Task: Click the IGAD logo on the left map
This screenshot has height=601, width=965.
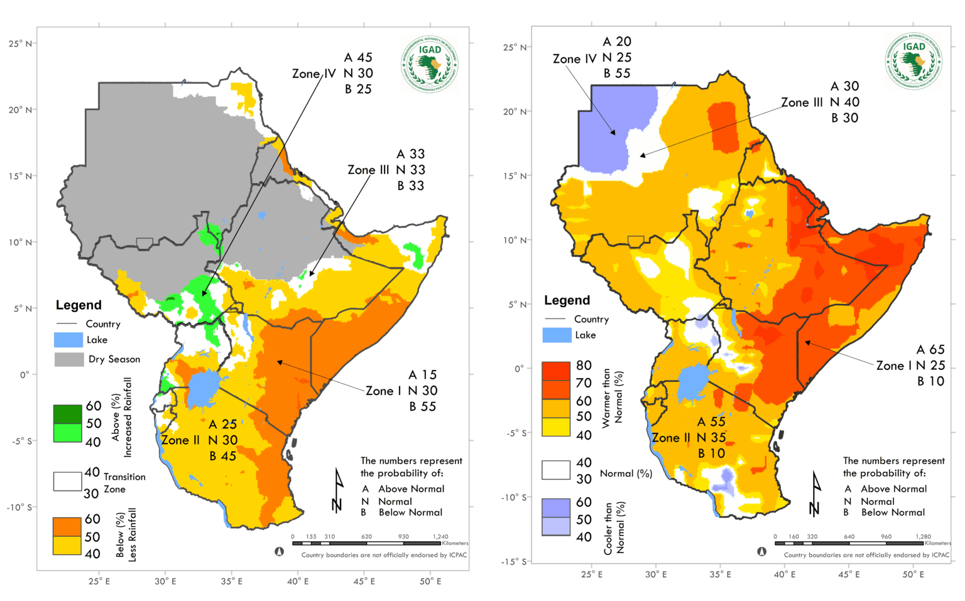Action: coord(430,63)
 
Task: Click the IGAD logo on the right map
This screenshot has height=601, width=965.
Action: coord(913,61)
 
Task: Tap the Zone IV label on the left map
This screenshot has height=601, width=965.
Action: coord(314,73)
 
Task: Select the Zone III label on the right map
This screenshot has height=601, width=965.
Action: coord(802,102)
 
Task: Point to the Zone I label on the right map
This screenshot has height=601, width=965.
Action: coord(894,365)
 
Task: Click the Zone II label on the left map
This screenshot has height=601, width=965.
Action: coord(180,440)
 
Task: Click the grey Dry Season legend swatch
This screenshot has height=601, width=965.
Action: coord(69,359)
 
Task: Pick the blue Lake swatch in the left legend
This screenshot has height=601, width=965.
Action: coord(68,340)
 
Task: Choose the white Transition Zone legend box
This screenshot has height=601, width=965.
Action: coord(67,481)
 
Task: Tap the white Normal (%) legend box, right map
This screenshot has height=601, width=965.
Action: coord(556,470)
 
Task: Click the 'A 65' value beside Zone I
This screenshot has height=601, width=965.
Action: coord(930,350)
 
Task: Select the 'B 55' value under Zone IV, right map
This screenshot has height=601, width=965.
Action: coord(617,73)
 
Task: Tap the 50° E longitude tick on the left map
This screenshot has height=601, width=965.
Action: coord(430,582)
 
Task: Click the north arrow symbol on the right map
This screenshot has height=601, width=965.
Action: coord(815,493)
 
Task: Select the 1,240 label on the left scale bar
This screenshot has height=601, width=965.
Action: coord(440,537)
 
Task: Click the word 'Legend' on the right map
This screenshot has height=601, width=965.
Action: coord(567,300)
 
